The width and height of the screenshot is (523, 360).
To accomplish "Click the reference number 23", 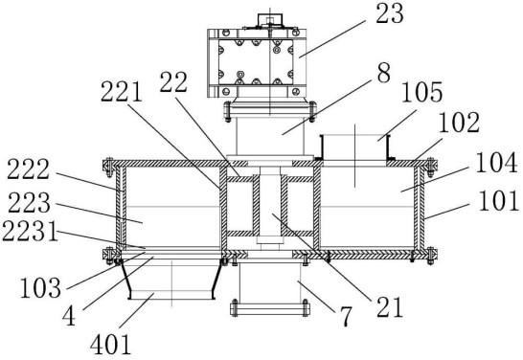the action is (390, 14).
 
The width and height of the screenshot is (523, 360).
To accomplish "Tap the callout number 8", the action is (383, 74).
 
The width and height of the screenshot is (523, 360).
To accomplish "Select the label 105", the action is (421, 92).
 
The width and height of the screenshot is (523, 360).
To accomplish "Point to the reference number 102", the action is (459, 123).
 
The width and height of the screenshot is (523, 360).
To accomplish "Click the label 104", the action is (496, 163).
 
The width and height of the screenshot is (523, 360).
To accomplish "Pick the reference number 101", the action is (499, 201).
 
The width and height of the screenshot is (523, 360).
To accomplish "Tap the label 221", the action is (122, 92).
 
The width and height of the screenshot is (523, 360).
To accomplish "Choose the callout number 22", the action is (173, 81).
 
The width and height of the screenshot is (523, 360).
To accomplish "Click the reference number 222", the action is (29, 169).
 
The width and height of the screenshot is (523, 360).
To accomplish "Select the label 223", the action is (29, 203).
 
